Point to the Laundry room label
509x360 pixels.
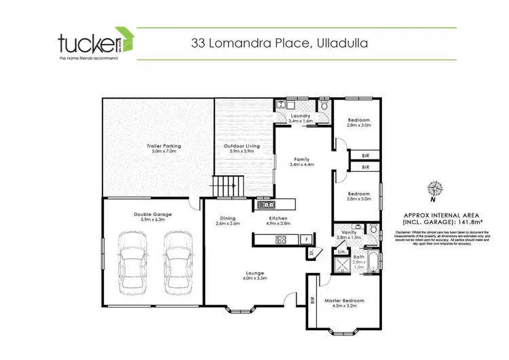point(300,116)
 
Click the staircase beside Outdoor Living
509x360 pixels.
point(225,184)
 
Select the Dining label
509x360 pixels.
point(227,218)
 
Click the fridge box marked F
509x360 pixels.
point(307,239)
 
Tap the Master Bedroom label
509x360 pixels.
point(344,300)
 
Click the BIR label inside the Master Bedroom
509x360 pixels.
point(313,299)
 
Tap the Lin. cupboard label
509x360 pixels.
point(342,252)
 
